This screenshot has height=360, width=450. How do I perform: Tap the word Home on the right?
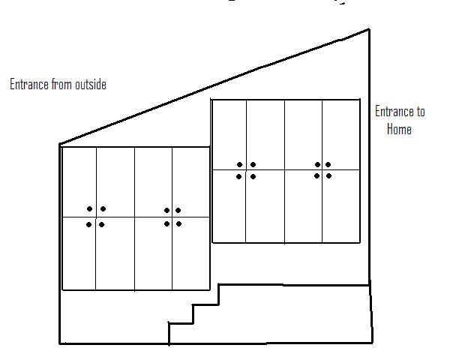click(x=399, y=129)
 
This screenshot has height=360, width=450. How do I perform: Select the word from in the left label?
click(x=60, y=85)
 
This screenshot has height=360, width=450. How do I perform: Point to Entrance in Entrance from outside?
click(x=29, y=85)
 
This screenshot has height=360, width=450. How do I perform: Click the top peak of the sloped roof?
click(x=369, y=30)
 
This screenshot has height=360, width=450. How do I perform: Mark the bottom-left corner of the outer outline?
click(x=60, y=343)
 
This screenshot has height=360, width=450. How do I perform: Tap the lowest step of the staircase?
click(x=180, y=323)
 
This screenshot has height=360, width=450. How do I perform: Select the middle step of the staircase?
click(x=205, y=304)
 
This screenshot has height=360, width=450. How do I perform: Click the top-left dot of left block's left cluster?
click(x=89, y=209)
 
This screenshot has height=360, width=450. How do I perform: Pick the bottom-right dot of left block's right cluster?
click(x=178, y=223)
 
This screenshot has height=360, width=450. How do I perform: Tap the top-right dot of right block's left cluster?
click(x=253, y=165)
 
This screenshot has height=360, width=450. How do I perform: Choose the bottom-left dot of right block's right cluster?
click(x=317, y=176)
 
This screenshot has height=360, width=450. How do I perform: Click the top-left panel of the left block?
click(x=79, y=182)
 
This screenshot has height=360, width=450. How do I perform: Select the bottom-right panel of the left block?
click(x=190, y=253)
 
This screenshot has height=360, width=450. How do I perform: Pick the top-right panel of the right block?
click(x=340, y=134)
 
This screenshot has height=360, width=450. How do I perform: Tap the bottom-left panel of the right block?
click(x=229, y=206)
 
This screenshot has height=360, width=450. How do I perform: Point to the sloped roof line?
click(x=214, y=86)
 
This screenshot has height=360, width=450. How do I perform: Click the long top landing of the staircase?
click(x=292, y=285)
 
